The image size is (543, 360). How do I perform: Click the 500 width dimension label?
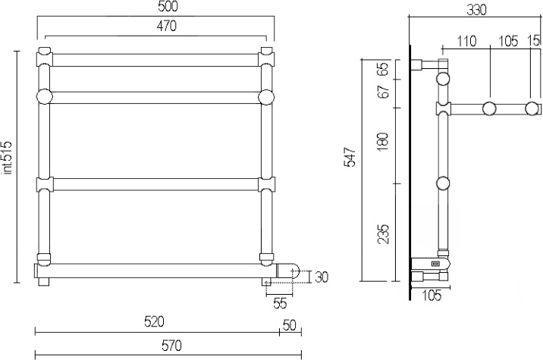coord(167,7)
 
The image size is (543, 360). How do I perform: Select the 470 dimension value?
coord(167,26)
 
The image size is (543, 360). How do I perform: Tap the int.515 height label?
coord(8,158)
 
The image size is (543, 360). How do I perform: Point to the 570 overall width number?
coord(171,346)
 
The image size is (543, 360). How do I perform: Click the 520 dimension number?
coord(154,322)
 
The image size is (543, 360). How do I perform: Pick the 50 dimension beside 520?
coord(290,325)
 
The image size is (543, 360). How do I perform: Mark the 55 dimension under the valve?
coord(280,304)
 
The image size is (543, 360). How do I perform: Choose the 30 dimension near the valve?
coord(321,277)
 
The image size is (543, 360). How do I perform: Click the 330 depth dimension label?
coord(476,11)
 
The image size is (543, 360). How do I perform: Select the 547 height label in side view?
coord(350,157)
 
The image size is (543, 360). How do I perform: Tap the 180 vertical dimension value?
coord(383,141)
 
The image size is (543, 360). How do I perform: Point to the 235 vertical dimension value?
coord(383,234)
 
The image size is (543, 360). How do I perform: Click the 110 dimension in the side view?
coord(466,42)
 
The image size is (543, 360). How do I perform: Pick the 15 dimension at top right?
coord(535,40)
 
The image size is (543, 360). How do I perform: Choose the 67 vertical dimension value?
coord(383,92)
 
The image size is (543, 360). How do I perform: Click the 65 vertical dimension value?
coord(383,70)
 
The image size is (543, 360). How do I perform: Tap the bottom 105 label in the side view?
coord(432,296)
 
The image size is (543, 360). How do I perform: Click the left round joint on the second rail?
coord(44,96)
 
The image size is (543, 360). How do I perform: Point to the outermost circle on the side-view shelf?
coord(531,108)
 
